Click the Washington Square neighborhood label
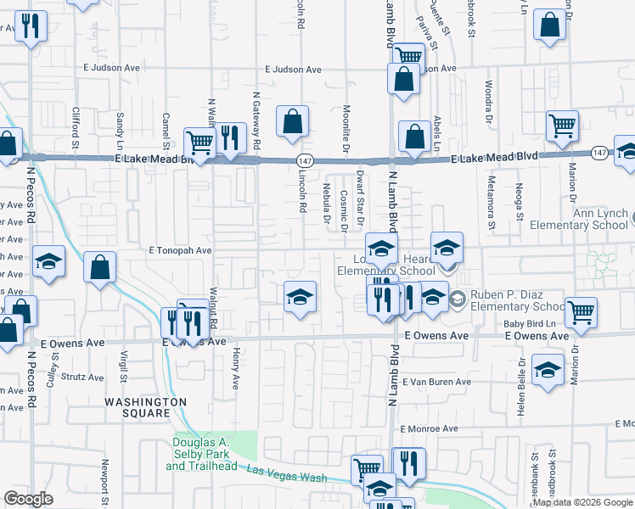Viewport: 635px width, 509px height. [x=145, y=407]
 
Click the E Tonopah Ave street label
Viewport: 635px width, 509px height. [x=179, y=251]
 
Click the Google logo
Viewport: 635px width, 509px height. [x=28, y=499]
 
